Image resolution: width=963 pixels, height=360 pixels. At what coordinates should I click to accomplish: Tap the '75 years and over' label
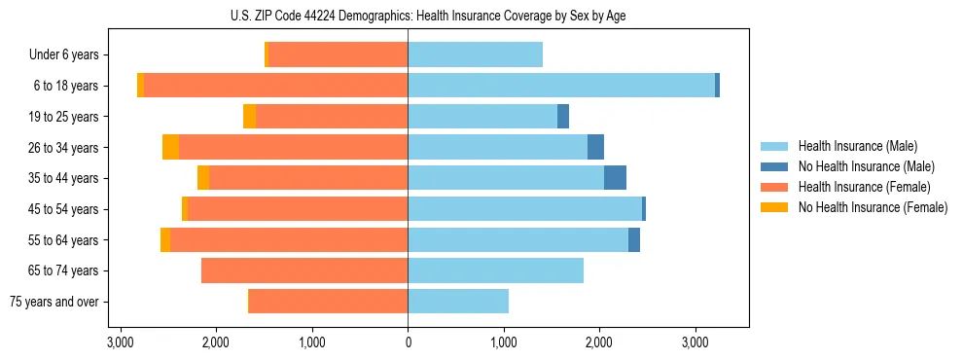click(x=53, y=302)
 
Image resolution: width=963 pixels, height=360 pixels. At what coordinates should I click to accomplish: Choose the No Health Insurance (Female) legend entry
click(x=872, y=207)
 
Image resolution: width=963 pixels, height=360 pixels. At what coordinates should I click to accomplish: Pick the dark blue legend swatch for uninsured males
click(x=774, y=167)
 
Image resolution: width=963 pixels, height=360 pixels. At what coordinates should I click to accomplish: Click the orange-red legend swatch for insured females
click(x=774, y=187)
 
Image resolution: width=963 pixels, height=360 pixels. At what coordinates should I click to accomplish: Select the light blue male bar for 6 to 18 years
click(x=560, y=86)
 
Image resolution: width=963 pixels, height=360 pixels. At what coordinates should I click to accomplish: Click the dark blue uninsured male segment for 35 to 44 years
click(x=615, y=178)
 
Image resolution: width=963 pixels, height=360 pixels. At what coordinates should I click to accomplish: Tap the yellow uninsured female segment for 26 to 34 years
click(x=170, y=147)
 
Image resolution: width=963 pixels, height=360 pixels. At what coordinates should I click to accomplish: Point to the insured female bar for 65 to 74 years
click(x=303, y=270)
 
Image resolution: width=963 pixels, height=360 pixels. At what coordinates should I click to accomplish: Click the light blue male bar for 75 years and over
click(x=457, y=302)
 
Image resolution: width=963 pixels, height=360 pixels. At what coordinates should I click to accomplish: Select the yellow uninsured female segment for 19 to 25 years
click(x=249, y=117)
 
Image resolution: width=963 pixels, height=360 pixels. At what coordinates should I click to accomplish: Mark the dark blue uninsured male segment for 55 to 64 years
click(x=633, y=239)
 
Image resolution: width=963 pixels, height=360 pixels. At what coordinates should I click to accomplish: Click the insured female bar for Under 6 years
click(x=338, y=55)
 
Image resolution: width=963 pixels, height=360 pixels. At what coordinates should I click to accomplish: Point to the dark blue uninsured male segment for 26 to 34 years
click(x=595, y=147)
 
